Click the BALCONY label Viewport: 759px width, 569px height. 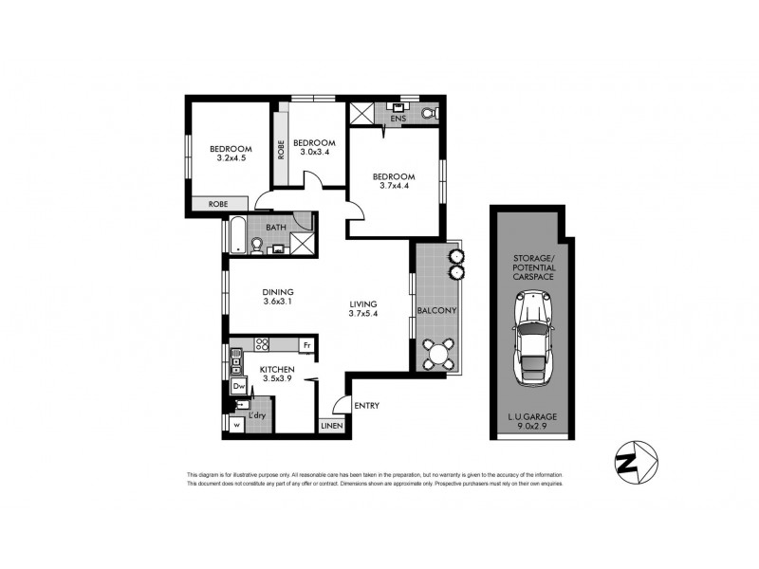click(436, 311)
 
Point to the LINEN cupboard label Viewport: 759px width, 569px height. click(332, 425)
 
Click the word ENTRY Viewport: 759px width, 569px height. click(366, 406)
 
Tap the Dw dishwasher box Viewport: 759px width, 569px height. click(239, 386)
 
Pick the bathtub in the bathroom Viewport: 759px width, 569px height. click(235, 234)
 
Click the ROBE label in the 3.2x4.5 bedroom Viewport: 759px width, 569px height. click(218, 204)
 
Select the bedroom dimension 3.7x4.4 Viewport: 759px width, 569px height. click(393, 188)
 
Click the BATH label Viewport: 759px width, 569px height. click(276, 228)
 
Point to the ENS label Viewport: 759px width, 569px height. click(398, 119)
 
